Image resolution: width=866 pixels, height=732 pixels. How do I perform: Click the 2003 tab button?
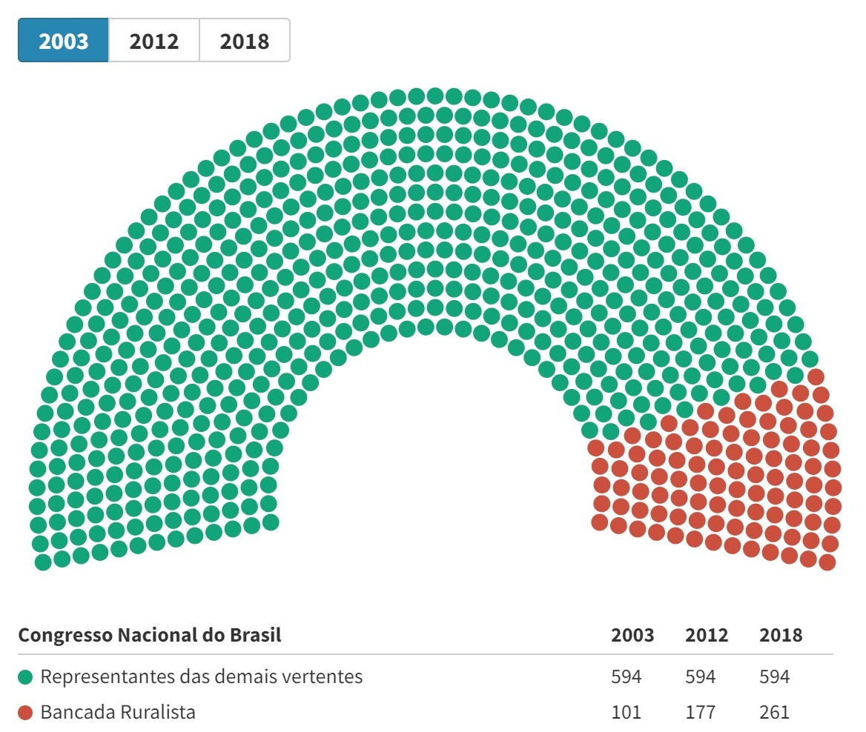[64, 41]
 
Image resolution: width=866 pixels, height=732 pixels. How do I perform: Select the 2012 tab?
[154, 41]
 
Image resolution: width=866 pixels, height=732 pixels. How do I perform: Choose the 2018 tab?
[244, 41]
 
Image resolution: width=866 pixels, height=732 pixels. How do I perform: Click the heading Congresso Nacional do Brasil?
[150, 635]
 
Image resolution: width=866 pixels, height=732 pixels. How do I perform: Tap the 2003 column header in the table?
[632, 635]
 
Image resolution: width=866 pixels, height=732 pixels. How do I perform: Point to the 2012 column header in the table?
[707, 635]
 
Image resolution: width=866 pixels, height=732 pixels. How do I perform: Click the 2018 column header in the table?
[781, 635]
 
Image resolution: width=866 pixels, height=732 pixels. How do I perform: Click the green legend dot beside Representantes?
[26, 676]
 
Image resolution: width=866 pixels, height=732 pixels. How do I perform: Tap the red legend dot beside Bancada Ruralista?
[26, 713]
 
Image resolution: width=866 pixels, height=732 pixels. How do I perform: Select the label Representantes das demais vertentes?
[202, 676]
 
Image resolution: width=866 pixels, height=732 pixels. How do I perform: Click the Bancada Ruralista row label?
[119, 713]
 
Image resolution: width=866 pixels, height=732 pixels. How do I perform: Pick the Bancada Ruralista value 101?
[627, 713]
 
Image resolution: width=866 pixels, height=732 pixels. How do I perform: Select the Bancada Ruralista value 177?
[701, 713]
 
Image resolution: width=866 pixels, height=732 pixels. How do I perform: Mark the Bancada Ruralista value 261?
[775, 713]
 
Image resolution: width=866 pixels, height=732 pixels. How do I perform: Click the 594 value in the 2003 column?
[627, 676]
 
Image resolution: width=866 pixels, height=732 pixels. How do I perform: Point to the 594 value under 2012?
[701, 676]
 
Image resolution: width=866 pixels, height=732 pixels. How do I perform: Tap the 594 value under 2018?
[775, 676]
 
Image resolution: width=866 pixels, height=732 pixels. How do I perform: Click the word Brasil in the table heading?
[255, 635]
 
